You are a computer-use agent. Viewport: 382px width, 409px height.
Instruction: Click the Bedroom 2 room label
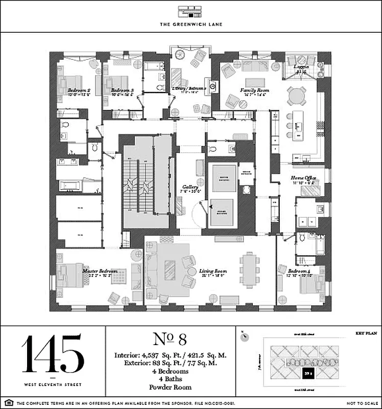(x=79, y=91)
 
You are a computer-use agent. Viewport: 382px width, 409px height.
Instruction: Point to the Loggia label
(x=301, y=67)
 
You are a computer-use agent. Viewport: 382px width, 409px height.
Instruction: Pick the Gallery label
(x=190, y=188)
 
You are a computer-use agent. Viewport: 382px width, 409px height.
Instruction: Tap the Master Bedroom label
(x=100, y=271)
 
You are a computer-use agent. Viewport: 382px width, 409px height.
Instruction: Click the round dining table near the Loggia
(x=298, y=96)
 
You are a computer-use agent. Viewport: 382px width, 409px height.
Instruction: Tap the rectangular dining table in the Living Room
(x=249, y=269)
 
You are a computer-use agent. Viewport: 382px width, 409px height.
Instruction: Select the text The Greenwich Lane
(x=190, y=24)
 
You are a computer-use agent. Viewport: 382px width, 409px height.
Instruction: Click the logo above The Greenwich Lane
(x=190, y=11)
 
